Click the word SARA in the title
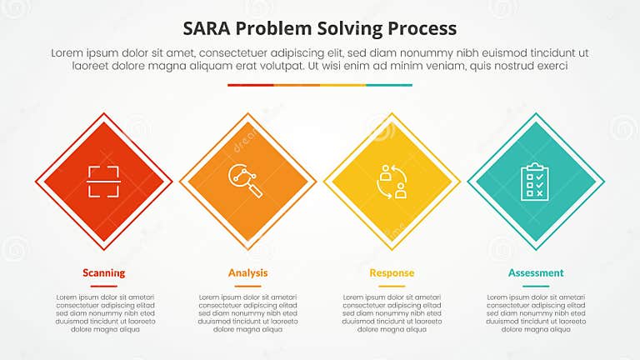click(209, 28)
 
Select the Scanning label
click(104, 272)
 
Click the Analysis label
click(247, 272)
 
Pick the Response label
click(392, 272)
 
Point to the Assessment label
click(536, 272)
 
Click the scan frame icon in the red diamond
click(104, 181)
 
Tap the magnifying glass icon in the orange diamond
click(247, 181)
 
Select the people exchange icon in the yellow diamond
click(392, 181)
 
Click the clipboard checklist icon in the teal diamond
click(535, 181)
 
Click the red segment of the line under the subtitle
click(250, 85)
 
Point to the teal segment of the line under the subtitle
click(389, 85)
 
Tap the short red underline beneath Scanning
click(104, 286)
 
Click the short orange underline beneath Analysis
click(247, 286)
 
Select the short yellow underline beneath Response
click(392, 286)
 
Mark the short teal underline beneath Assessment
click(536, 286)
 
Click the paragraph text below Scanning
click(104, 313)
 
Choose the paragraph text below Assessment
click(536, 313)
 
